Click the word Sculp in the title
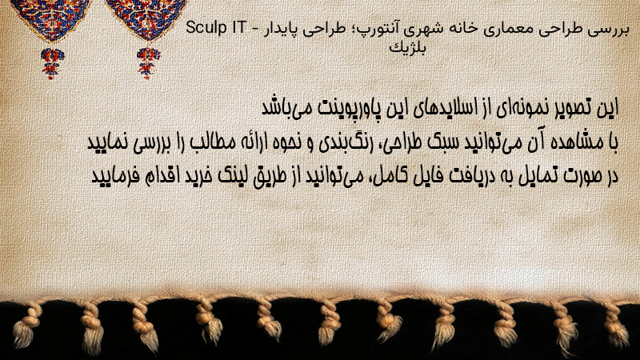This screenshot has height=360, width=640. click(x=206, y=29)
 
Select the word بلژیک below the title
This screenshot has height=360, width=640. click(x=407, y=48)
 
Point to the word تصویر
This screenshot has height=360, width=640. click(x=566, y=108)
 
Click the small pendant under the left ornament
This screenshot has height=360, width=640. click(x=52, y=62)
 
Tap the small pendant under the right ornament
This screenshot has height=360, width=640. click(x=148, y=62)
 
